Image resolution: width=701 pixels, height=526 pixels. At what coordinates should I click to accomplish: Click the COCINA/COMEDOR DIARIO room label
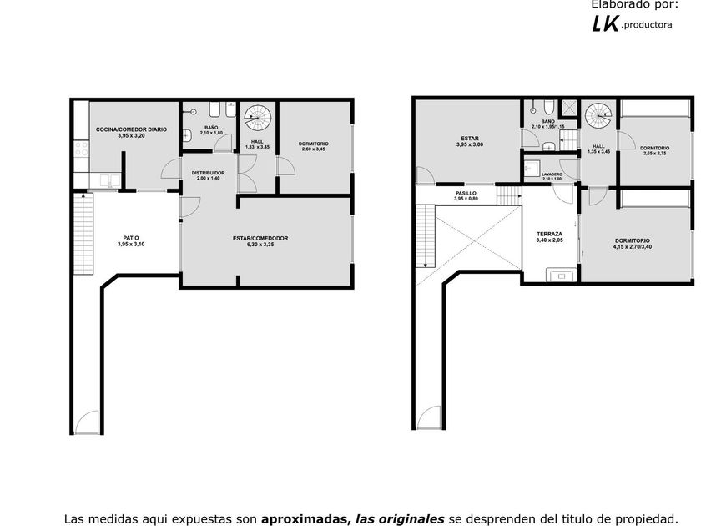(131, 129)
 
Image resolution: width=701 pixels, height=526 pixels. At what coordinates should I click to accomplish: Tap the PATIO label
(131, 238)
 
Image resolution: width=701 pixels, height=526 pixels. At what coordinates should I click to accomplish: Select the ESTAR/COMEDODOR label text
(260, 239)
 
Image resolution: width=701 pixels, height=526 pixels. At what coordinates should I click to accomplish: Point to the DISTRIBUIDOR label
(208, 173)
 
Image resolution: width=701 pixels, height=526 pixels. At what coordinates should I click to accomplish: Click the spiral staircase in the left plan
(258, 118)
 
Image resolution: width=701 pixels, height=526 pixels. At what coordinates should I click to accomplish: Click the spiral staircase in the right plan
(598, 116)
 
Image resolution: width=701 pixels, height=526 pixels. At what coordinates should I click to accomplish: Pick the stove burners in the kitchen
(82, 149)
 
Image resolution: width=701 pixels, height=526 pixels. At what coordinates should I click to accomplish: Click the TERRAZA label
(549, 234)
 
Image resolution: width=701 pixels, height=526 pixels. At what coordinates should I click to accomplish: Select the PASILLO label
(466, 193)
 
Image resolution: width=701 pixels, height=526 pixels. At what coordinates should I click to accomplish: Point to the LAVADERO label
(552, 174)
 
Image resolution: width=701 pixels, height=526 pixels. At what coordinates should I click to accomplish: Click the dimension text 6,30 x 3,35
(260, 245)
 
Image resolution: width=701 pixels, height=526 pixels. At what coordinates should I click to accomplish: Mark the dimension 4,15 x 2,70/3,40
(633, 246)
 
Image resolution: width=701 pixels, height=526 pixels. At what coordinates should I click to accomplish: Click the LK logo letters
(605, 23)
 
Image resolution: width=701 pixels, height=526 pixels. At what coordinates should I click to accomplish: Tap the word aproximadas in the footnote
(304, 519)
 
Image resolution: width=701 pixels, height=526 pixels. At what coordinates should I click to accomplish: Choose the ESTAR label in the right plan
(469, 139)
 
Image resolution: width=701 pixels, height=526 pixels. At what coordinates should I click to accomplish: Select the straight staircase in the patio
(83, 234)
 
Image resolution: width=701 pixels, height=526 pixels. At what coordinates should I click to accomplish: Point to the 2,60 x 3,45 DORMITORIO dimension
(313, 149)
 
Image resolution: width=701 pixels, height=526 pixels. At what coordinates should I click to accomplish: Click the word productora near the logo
(648, 25)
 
